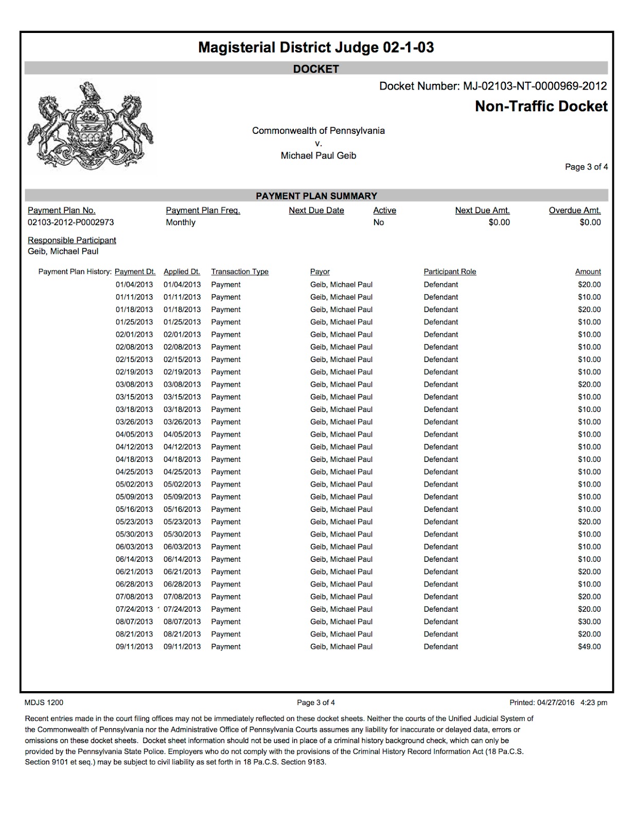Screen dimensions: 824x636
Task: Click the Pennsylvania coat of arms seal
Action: [x=91, y=127]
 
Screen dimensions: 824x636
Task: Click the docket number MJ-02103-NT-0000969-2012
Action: [x=535, y=86]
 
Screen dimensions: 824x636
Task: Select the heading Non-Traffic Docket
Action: [x=541, y=107]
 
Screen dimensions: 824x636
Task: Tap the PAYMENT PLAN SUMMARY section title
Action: [x=316, y=196]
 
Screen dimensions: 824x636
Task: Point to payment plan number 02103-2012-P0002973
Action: [x=70, y=222]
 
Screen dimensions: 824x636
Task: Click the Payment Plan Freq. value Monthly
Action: [x=181, y=222]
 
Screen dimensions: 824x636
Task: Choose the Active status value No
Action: [x=379, y=222]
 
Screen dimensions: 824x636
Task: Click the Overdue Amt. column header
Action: [x=575, y=210]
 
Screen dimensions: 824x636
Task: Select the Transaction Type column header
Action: [x=240, y=272]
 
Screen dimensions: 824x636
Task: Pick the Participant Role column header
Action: [x=450, y=272]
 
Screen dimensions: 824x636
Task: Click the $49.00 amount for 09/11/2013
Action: [x=589, y=647]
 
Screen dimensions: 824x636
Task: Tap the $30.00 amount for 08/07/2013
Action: [x=589, y=622]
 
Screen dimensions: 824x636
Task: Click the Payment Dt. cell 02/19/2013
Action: [x=134, y=372]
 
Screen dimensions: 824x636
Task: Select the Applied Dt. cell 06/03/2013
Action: [x=182, y=547]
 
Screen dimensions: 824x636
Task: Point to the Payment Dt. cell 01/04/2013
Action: [x=134, y=285]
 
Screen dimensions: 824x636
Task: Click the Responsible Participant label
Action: [x=72, y=240]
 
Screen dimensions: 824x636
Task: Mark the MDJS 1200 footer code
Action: [x=44, y=702]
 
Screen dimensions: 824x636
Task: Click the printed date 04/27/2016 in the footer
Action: [x=555, y=702]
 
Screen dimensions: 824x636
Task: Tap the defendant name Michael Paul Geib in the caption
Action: [x=319, y=156]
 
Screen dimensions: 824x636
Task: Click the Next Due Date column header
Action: [x=316, y=210]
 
